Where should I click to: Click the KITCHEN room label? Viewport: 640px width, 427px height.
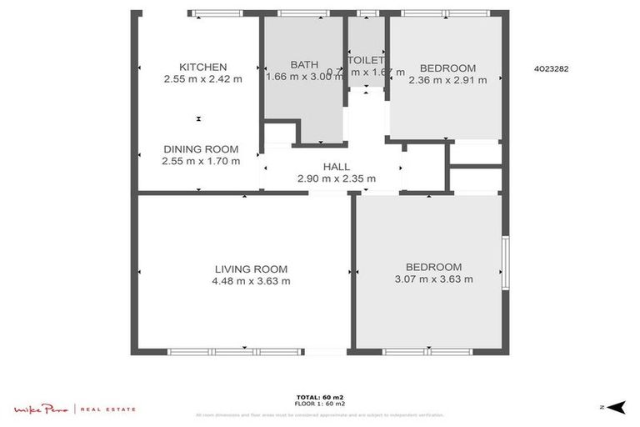point(203,68)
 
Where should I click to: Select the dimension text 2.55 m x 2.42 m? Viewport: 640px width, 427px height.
point(203,79)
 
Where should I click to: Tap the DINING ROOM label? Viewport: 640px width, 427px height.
point(201,149)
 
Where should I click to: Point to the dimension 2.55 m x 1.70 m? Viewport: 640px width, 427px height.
point(201,161)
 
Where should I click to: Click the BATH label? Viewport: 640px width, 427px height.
point(304,65)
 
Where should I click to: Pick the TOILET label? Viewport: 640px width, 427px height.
point(367,60)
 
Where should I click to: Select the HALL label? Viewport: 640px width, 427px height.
point(337,167)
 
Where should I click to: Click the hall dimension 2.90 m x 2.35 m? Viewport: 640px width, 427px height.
point(337,178)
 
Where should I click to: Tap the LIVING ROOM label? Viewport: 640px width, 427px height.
point(251,269)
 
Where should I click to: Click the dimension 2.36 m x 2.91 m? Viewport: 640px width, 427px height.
point(447,80)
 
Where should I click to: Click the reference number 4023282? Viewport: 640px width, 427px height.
point(551,70)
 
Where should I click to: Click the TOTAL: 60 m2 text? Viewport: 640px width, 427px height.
point(320,397)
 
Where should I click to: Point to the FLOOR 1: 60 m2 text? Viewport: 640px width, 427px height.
point(320,404)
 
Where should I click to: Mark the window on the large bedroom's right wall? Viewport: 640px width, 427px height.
point(505,264)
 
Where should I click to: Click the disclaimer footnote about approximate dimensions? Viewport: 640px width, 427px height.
point(320,414)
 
